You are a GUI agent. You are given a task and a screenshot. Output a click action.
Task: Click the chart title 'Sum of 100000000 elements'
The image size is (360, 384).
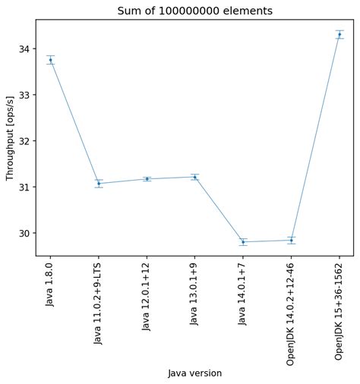coord(194,11)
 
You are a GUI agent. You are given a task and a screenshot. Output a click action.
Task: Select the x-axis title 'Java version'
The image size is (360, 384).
coord(194,373)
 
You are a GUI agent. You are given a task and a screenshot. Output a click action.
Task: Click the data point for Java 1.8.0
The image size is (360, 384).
coord(50,60)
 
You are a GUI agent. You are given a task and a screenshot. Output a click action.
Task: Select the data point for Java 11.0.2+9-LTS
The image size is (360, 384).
coord(99,184)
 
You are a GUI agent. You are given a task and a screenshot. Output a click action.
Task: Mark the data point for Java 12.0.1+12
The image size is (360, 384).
coord(147,179)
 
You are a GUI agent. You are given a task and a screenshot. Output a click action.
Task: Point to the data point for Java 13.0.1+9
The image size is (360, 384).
coord(194,177)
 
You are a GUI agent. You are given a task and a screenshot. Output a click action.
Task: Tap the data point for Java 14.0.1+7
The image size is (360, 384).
coord(243,242)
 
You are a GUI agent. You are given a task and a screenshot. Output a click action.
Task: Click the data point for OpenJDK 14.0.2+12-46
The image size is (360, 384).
coord(291,241)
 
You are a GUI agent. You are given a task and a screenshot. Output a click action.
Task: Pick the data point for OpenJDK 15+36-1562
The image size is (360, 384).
coord(339,34)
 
